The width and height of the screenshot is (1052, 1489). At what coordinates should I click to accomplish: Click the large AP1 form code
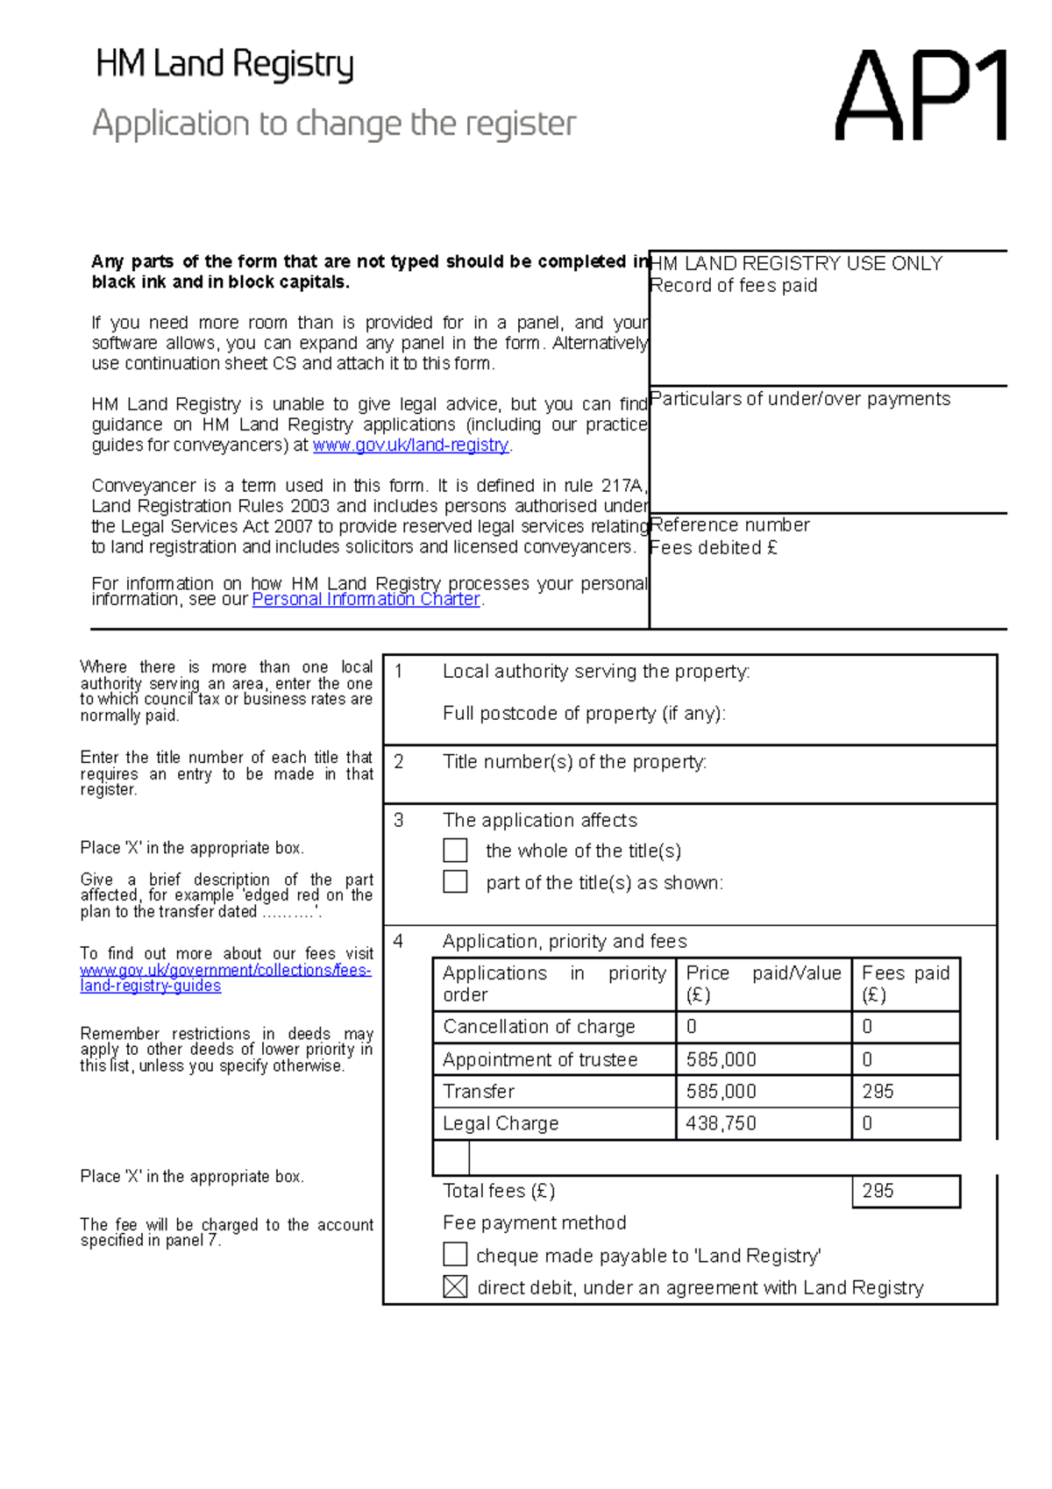coord(920,96)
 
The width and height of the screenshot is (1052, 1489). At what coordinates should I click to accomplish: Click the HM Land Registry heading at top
coord(224,65)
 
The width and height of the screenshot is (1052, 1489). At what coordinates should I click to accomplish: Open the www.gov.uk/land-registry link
coord(411,445)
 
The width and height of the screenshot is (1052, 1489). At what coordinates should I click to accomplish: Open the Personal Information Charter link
coord(366,600)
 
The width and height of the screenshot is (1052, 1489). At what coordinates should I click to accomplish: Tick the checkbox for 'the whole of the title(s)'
coord(455,851)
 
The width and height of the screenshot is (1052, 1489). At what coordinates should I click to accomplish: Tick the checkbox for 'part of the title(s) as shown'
coord(455,881)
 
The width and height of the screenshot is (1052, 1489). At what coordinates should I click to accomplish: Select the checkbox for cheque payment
coord(455,1255)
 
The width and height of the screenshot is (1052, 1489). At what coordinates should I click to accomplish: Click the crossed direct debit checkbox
coord(455,1286)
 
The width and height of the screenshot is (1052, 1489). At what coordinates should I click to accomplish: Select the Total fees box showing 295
coord(905,1191)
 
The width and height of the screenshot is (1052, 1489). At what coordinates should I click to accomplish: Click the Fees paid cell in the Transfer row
coord(905,1092)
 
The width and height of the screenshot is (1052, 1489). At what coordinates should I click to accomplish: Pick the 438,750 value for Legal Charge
coord(721,1123)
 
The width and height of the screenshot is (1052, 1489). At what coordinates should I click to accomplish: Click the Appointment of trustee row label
coord(540,1059)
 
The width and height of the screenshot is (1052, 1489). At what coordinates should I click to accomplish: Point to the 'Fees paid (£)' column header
coord(905,983)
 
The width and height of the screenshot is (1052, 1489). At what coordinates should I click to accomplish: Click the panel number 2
coord(399,762)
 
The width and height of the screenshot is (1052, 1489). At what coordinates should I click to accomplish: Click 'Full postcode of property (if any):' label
coord(584,714)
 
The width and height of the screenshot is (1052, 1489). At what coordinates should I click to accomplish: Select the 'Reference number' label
coord(729,525)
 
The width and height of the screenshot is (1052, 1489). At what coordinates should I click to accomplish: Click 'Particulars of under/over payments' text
coord(800,399)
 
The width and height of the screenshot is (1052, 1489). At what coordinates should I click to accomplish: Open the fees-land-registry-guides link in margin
coord(225,978)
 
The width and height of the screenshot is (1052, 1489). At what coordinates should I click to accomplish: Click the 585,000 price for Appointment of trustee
coord(721,1059)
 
